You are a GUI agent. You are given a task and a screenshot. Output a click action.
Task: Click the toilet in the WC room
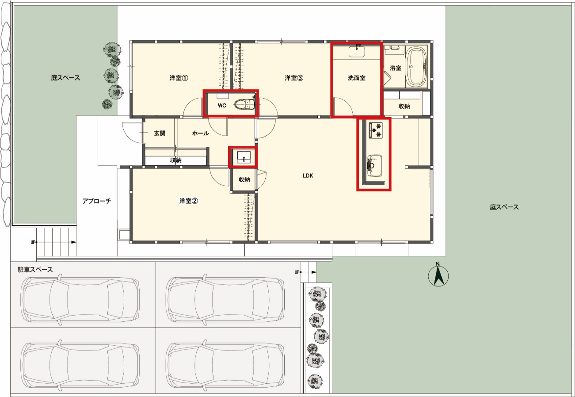(245, 104)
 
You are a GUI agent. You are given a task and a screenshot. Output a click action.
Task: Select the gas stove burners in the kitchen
(376, 130)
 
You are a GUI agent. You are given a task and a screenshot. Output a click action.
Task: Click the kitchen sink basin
(374, 166)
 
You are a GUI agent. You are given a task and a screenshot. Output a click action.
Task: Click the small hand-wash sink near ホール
(244, 157)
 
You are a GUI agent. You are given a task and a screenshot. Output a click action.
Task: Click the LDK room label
(308, 176)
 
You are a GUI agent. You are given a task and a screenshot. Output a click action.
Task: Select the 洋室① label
(179, 78)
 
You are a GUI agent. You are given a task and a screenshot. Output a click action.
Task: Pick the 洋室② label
(189, 201)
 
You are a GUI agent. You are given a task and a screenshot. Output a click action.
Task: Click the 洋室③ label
(294, 78)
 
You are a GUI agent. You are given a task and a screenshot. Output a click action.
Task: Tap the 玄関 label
(160, 133)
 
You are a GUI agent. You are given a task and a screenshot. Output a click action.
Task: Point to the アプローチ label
(97, 201)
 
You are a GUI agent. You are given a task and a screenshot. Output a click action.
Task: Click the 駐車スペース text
(35, 269)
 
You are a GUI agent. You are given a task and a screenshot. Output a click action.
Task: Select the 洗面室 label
(357, 78)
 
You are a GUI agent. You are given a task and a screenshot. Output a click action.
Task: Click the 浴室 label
(396, 68)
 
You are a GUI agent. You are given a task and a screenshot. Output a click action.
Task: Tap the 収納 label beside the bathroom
(404, 106)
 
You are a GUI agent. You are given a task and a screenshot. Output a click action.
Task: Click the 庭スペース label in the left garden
(65, 77)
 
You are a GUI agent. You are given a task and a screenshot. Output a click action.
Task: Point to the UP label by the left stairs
(33, 242)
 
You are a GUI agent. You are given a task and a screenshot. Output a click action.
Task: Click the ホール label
(201, 133)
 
